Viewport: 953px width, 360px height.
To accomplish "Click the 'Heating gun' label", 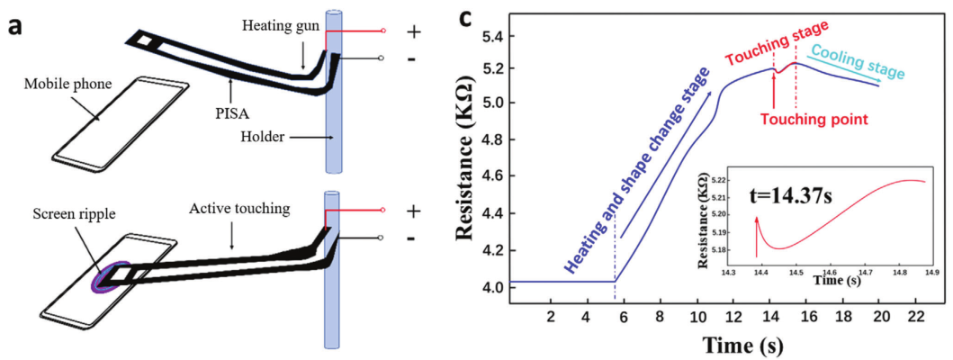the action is pyautogui.click(x=282, y=26).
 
